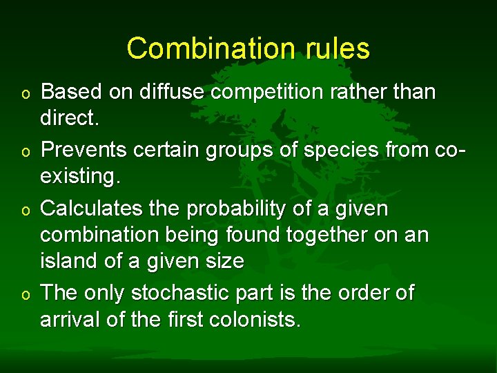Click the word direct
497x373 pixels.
tap(70, 117)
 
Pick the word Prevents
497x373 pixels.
tap(84, 149)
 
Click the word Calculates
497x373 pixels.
tap(92, 208)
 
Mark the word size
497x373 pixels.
tap(223, 261)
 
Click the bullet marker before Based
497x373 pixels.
tap(24, 93)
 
